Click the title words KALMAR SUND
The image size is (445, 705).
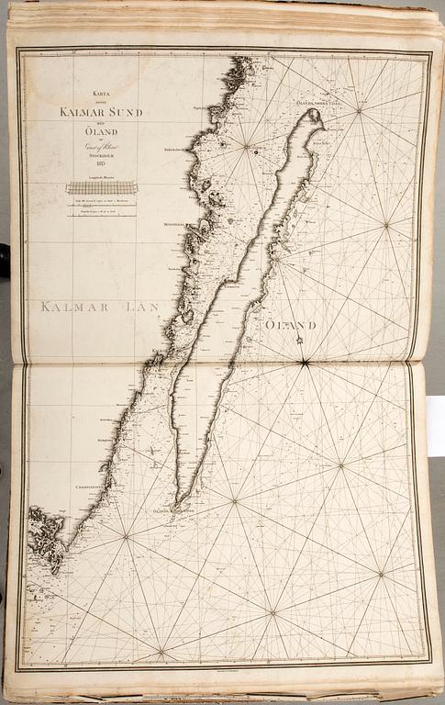[x=101, y=112]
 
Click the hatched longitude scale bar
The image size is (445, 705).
[x=101, y=187]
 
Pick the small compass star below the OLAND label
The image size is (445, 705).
[x=299, y=341]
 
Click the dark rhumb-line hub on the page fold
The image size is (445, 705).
[x=304, y=363]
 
